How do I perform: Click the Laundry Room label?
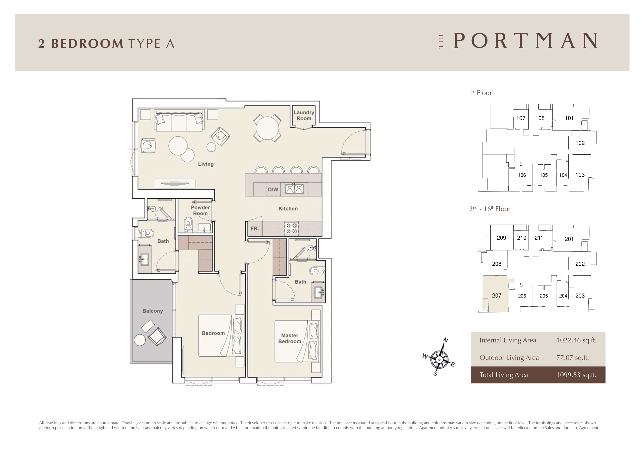[304, 115]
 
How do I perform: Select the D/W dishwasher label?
[273, 190]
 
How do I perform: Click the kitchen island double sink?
[294, 189]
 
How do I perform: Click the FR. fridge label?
[254, 228]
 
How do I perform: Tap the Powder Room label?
[200, 210]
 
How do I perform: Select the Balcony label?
[153, 311]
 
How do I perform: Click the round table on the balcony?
[139, 340]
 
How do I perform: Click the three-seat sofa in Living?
[179, 120]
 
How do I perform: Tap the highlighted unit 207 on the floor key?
[497, 296]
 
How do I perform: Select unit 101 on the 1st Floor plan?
[569, 118]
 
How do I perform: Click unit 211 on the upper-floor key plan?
[539, 238]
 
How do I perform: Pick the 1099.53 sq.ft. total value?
[576, 375]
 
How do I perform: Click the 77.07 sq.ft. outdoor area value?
[572, 357]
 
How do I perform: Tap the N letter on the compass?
[446, 340]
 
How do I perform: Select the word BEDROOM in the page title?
[87, 43]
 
